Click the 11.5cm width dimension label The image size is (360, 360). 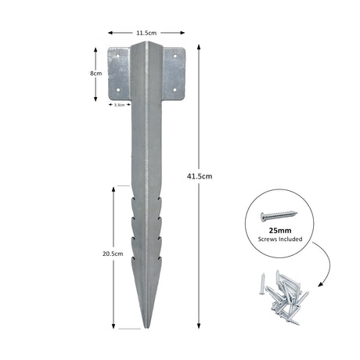pyautogui.click(x=145, y=34)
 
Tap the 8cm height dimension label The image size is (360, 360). pyautogui.click(x=95, y=73)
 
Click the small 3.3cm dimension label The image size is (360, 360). pyautogui.click(x=120, y=103)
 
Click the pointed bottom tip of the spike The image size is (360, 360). pyautogui.click(x=146, y=328)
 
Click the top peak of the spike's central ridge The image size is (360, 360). pyautogui.click(x=146, y=45)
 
